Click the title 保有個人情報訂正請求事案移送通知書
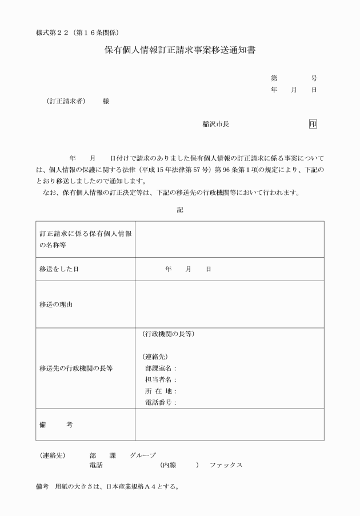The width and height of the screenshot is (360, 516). point(180,50)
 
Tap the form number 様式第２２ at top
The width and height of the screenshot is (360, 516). point(55,30)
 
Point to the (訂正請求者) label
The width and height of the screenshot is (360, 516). point(66,101)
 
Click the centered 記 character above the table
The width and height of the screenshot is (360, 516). point(180,210)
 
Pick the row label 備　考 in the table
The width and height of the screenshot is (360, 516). point(56,425)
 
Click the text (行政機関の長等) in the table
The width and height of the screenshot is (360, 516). point(168,334)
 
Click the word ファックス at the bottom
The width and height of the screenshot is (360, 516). point(226,465)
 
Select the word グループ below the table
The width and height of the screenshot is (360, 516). point(142,455)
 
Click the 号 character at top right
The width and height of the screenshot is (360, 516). point(314,78)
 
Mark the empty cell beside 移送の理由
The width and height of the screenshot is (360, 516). point(229,305)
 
